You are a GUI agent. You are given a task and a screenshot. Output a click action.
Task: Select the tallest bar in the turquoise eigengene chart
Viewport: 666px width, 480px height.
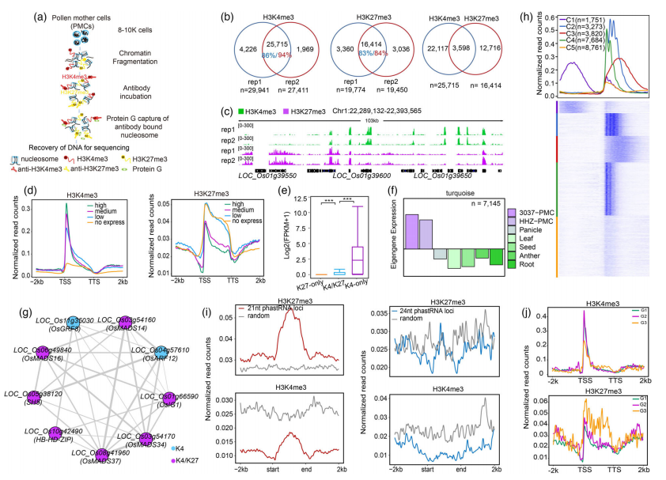pos(411,231)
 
